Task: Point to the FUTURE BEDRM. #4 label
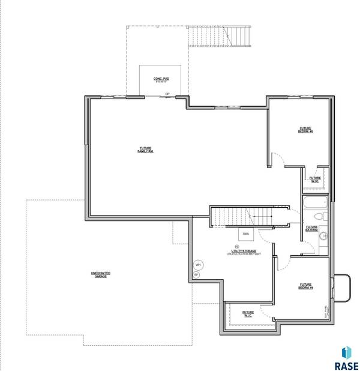click(x=305, y=286)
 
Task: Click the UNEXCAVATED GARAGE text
click(x=100, y=274)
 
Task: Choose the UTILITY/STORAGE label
click(x=243, y=252)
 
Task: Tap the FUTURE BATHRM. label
click(x=311, y=228)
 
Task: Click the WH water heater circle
click(x=198, y=264)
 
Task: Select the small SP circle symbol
click(x=196, y=275)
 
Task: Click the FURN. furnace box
click(x=246, y=234)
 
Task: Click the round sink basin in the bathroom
click(x=322, y=236)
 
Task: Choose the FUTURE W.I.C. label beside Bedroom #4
click(x=248, y=313)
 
